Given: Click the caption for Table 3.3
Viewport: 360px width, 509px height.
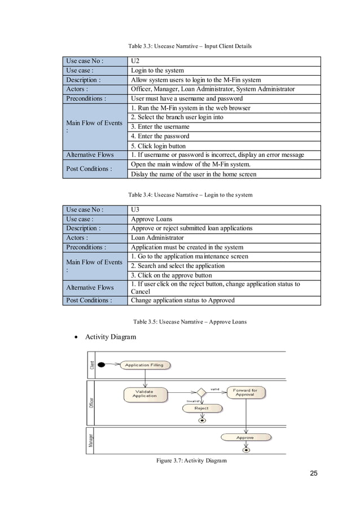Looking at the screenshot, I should pos(190,46).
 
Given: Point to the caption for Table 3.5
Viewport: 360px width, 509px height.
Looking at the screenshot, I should pos(190,322).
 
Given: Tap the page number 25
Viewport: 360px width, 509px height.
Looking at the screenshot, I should pos(314,473).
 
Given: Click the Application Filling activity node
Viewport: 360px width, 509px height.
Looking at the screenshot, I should pos(144,365).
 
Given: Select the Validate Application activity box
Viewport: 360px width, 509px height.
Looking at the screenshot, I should pos(144,393).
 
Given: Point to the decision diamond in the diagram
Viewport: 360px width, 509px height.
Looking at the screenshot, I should pos(200,392).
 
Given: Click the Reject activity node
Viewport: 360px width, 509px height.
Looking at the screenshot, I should pos(201,408).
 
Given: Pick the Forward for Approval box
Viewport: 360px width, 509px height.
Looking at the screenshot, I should pos(245,392).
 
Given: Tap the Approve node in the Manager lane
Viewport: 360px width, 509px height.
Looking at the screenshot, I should pos(245,437).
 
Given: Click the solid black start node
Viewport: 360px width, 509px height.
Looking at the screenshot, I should pos(102,365).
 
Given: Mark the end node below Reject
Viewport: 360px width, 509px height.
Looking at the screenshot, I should pos(201,420).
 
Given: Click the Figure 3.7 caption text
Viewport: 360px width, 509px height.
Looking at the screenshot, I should pos(191,460).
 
